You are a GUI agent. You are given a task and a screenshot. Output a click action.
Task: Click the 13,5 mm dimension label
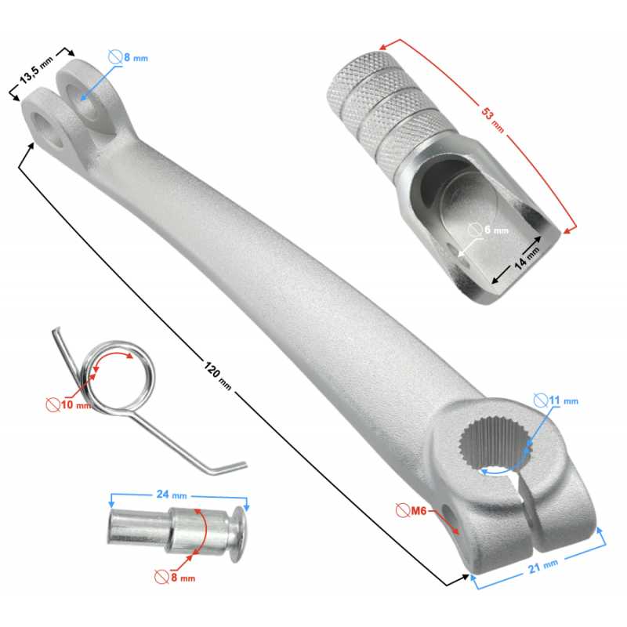36,70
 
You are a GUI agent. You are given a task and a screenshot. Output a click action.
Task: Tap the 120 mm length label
218,375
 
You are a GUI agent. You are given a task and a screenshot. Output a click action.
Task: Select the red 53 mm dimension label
492,120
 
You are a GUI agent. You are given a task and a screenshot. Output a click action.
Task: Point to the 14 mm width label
526,259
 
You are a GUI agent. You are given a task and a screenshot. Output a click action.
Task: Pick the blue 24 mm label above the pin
172,495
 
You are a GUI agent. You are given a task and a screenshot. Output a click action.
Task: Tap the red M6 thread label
411,511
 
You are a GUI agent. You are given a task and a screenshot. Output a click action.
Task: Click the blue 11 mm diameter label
556,400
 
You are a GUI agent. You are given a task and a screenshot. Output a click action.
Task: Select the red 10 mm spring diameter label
69,404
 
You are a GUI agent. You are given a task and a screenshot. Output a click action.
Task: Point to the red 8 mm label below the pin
175,578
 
